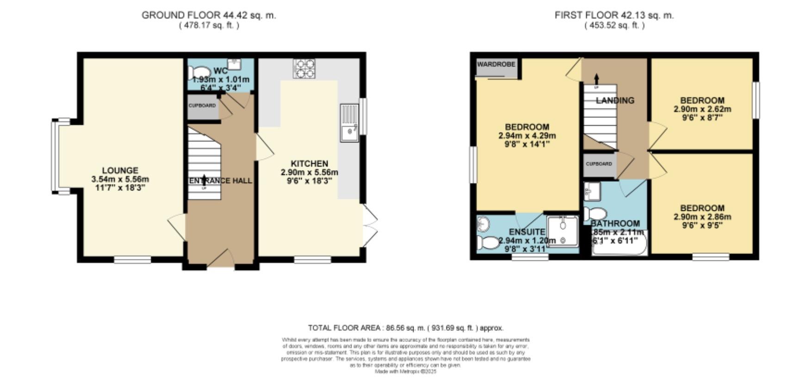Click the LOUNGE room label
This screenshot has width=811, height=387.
[x=120, y=171]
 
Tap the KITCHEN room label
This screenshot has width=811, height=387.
[x=309, y=164]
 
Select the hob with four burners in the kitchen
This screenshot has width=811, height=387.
[x=304, y=68]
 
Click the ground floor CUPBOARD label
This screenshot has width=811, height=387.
[x=202, y=106]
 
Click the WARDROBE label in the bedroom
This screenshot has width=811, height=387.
[x=496, y=65]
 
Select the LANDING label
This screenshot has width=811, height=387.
[x=615, y=100]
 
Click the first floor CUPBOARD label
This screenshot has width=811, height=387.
[x=599, y=164]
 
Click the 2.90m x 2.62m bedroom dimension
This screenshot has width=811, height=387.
[x=702, y=110]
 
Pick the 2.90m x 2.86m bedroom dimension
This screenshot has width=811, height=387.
[x=702, y=217]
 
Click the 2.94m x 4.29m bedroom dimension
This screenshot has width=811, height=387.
[x=527, y=136]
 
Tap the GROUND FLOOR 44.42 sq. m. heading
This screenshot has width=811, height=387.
[x=209, y=15]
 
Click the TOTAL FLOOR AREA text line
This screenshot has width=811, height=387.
[x=406, y=328]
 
